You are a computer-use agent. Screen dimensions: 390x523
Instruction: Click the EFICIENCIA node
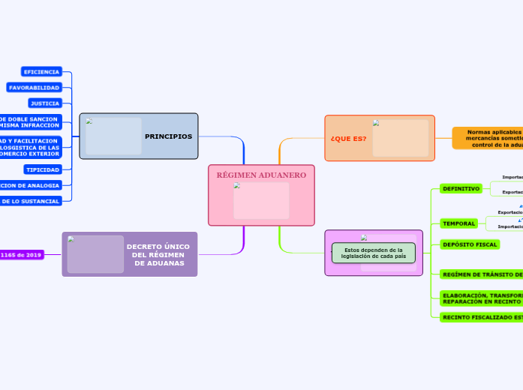[41, 72]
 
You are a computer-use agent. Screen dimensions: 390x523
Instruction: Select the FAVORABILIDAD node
[34, 88]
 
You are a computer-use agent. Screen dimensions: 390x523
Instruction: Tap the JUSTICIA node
[44, 103]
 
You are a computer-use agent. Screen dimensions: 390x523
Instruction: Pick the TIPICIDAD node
[42, 169]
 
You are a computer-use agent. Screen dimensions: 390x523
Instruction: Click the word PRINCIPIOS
[168, 136]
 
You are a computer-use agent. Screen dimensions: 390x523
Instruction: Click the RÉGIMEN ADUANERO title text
[261, 175]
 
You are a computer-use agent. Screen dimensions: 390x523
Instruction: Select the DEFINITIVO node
[461, 189]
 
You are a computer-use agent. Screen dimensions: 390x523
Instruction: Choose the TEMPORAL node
[459, 223]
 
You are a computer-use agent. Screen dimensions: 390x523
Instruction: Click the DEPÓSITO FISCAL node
[470, 244]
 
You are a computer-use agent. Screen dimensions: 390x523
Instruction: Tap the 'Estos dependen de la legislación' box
[373, 253]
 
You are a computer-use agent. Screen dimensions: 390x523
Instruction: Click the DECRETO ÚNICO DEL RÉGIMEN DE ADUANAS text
[158, 254]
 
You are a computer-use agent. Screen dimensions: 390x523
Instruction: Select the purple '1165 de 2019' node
[21, 255]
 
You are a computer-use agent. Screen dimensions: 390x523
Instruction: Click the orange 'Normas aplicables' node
[488, 138]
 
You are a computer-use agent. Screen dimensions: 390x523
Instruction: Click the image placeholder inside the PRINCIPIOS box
[113, 136]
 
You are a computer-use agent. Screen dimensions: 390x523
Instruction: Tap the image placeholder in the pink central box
[261, 200]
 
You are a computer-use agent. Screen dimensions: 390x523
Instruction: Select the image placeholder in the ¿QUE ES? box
[400, 138]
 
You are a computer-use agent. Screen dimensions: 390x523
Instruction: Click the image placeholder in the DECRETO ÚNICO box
[95, 254]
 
